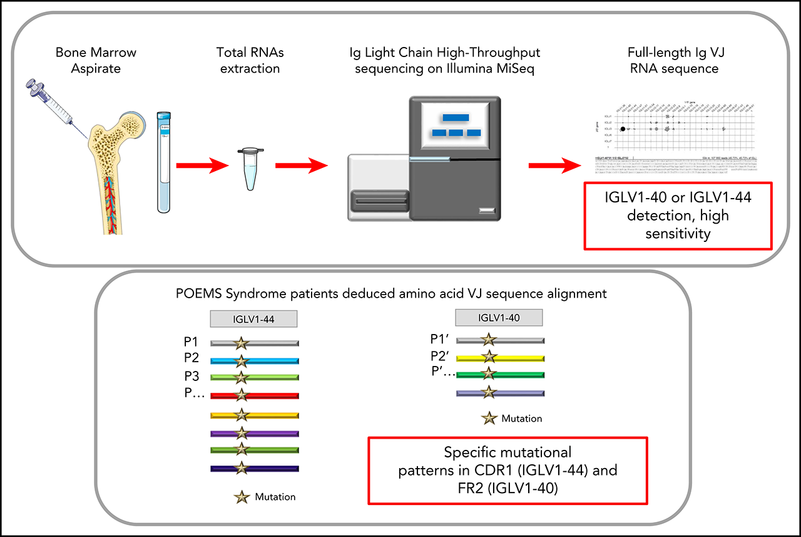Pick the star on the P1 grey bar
point(242,343)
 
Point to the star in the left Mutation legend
point(242,497)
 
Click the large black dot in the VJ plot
point(623,128)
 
